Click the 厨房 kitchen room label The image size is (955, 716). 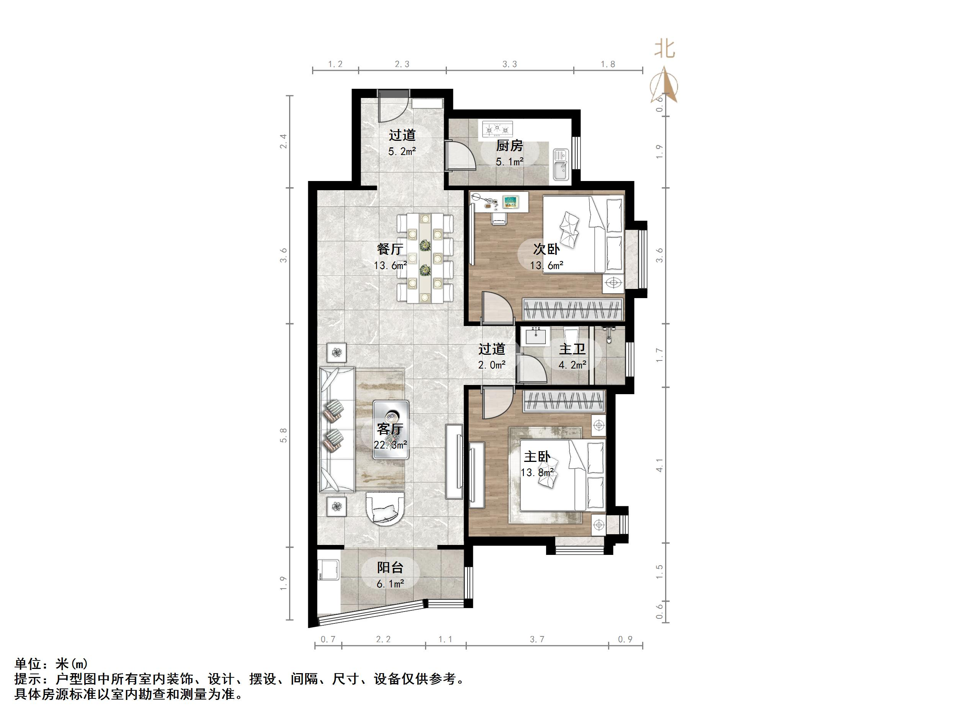tap(509, 146)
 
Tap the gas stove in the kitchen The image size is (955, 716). tap(497, 129)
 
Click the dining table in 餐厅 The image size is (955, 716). tap(425, 258)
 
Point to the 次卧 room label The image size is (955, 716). tap(546, 249)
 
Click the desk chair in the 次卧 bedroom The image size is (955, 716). tap(499, 218)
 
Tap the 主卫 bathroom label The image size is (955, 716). tap(572, 349)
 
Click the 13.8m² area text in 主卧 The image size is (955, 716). tap(536, 473)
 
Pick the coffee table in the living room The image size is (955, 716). tap(391, 429)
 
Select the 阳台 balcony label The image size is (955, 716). tap(390, 567)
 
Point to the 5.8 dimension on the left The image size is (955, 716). tap(283, 435)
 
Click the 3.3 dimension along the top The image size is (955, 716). tap(509, 64)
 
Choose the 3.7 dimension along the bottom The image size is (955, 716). tap(537, 639)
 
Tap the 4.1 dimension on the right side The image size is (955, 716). tap(659, 465)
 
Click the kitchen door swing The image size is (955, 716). tap(460, 155)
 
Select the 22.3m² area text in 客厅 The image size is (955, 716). tap(390, 445)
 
